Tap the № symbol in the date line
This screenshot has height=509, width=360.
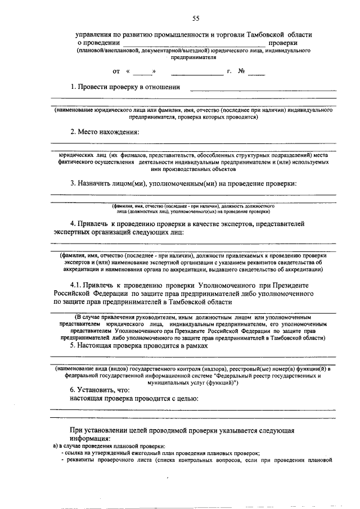pyautogui.click(x=241, y=71)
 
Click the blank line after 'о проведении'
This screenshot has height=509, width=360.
pyautogui.click(x=194, y=43)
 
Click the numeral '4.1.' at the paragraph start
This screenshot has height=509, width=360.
pyautogui.click(x=78, y=285)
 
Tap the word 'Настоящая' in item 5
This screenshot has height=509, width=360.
pyautogui.click(x=95, y=346)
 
